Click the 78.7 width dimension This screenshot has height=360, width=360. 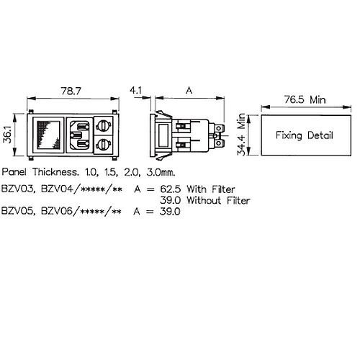pyautogui.click(x=71, y=91)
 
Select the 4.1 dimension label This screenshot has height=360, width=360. pyautogui.click(x=136, y=91)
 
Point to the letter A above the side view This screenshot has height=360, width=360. pyautogui.click(x=189, y=91)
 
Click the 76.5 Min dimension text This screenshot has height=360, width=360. pyautogui.click(x=305, y=99)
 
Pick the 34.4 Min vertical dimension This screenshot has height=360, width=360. pyautogui.click(x=241, y=135)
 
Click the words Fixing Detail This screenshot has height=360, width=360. pyautogui.click(x=305, y=135)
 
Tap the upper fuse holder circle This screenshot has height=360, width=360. pyautogui.click(x=104, y=126)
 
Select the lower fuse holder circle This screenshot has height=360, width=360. pyautogui.click(x=104, y=145)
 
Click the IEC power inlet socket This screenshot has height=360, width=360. pyautogui.click(x=79, y=135)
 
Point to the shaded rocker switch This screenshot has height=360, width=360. pyautogui.click(x=48, y=135)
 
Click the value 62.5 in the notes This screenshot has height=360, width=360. pyautogui.click(x=171, y=189)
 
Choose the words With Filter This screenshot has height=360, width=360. pyautogui.click(x=211, y=189)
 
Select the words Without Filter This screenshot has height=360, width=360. pyautogui.click(x=218, y=200)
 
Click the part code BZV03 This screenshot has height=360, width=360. pyautogui.click(x=17, y=189)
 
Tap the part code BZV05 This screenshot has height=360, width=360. pyautogui.click(x=17, y=211)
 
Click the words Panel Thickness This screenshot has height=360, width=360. pyautogui.click(x=40, y=172)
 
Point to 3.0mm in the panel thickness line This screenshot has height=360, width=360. pyautogui.click(x=161, y=172)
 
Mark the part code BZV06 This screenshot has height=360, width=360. pyautogui.click(x=57, y=211)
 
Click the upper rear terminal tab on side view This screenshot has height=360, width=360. pyautogui.click(x=219, y=128)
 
